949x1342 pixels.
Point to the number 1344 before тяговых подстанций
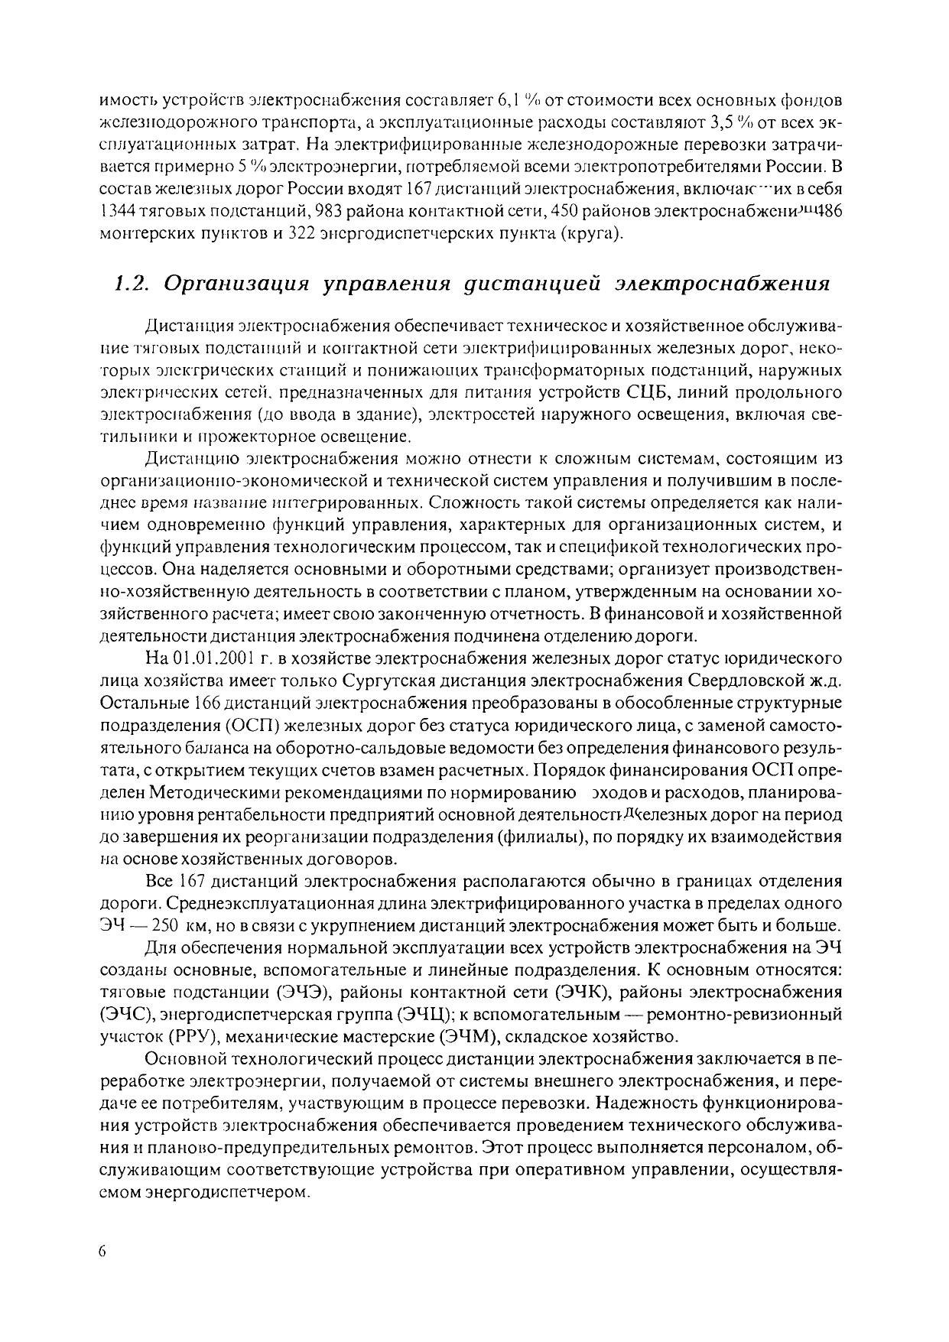117,210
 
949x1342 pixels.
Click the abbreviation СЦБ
648,393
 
